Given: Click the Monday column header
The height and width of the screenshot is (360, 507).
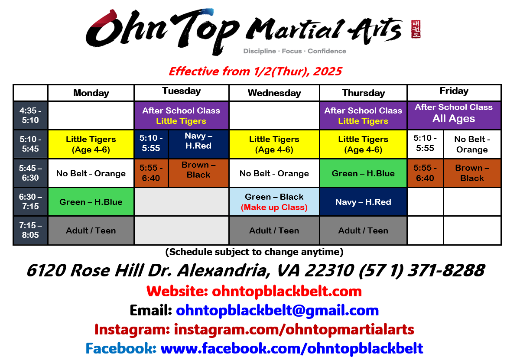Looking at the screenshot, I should pyautogui.click(x=91, y=93).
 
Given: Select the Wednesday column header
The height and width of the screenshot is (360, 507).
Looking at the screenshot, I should pyautogui.click(x=274, y=93).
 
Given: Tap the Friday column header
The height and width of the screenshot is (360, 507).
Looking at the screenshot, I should pyautogui.click(x=454, y=91).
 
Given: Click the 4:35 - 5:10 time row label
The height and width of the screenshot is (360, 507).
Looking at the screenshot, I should pyautogui.click(x=30, y=115).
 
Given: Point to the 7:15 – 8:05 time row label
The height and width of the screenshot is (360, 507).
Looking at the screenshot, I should pyautogui.click(x=30, y=230).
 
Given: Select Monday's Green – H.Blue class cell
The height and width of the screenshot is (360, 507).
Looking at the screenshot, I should pyautogui.click(x=91, y=202).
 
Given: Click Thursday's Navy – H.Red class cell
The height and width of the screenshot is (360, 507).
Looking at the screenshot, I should pyautogui.click(x=363, y=202).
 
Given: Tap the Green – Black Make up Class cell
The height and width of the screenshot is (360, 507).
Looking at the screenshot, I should pyautogui.click(x=274, y=202).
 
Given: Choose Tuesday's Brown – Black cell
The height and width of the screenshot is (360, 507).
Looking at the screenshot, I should pyautogui.click(x=198, y=170).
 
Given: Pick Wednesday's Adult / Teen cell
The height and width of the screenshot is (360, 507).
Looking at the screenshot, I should pyautogui.click(x=274, y=230).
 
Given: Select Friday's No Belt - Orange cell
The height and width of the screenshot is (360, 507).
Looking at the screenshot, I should pyautogui.click(x=472, y=144).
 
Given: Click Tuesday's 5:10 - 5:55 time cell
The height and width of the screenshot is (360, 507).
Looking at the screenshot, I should pyautogui.click(x=151, y=143).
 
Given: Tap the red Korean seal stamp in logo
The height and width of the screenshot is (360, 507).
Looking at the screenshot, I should pyautogui.click(x=416, y=29).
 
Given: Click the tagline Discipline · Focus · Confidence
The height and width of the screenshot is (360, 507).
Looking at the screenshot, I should pyautogui.click(x=295, y=51).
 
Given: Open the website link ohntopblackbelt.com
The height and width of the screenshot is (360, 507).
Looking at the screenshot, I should pyautogui.click(x=286, y=291).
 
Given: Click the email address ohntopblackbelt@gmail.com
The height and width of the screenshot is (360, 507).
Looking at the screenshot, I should pyautogui.click(x=277, y=310).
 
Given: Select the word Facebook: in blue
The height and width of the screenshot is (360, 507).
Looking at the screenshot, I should pyautogui.click(x=121, y=348).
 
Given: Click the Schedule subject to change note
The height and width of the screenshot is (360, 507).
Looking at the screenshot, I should pyautogui.click(x=254, y=252).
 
